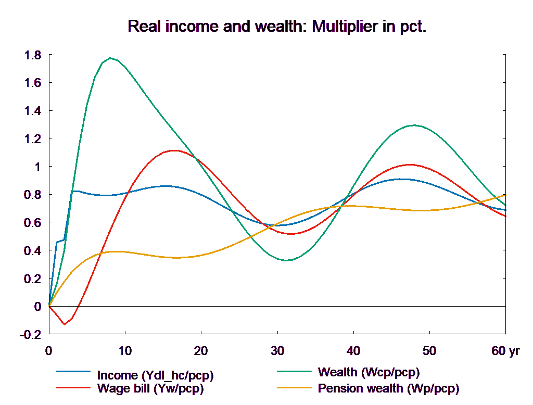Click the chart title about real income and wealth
click(277, 27)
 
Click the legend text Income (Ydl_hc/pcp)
click(156, 375)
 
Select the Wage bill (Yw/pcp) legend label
click(150, 388)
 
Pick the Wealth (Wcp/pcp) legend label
click(369, 372)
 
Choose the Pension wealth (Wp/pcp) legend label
click(388, 388)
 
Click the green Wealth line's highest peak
click(110, 58)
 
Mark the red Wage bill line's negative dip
click(65, 325)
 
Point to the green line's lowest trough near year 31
click(286, 260)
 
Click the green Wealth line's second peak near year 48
click(414, 125)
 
